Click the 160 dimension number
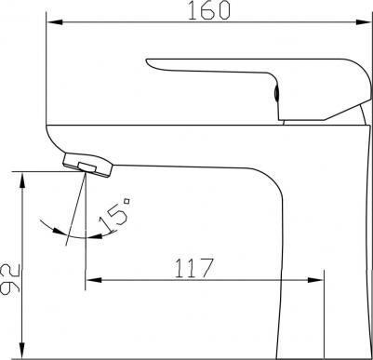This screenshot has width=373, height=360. tap(209, 10)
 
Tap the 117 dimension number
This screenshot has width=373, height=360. tap(194, 268)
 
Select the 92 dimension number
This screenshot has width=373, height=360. tap(10, 279)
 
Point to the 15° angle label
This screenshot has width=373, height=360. tap(114, 215)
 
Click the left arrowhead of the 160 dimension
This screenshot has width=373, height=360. tap(54, 22)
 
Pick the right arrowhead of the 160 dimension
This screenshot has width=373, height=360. tap(363, 22)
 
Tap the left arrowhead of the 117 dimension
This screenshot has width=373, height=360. tap(94, 280)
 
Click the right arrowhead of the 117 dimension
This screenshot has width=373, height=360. tap(315, 280)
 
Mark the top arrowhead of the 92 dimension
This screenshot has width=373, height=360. tap(22, 180)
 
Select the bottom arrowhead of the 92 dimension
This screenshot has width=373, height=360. tap(22, 350)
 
